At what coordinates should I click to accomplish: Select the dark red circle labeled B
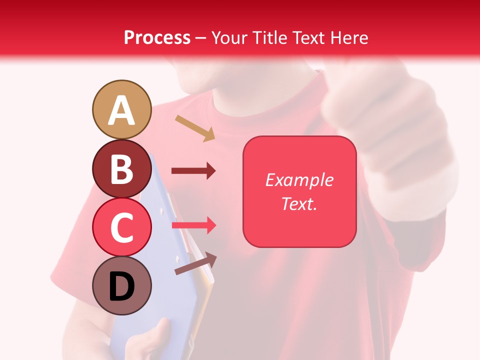click(x=121, y=168)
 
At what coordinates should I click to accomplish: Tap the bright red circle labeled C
click(x=121, y=227)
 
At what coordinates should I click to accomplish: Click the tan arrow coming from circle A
click(x=195, y=128)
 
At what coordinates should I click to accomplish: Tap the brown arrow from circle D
click(x=195, y=263)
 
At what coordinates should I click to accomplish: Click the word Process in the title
click(x=157, y=37)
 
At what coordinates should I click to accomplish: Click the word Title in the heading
click(x=268, y=37)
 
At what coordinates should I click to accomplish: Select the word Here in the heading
click(x=348, y=37)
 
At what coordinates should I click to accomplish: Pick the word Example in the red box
click(x=299, y=180)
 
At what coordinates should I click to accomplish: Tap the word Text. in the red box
click(x=299, y=203)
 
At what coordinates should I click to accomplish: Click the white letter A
click(x=121, y=111)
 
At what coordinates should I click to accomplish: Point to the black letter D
click(x=121, y=286)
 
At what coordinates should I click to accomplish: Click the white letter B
click(x=121, y=169)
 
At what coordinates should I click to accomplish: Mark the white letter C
click(x=121, y=228)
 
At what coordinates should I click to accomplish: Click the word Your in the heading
click(x=229, y=37)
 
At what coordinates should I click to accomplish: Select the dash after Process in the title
click(x=201, y=38)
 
